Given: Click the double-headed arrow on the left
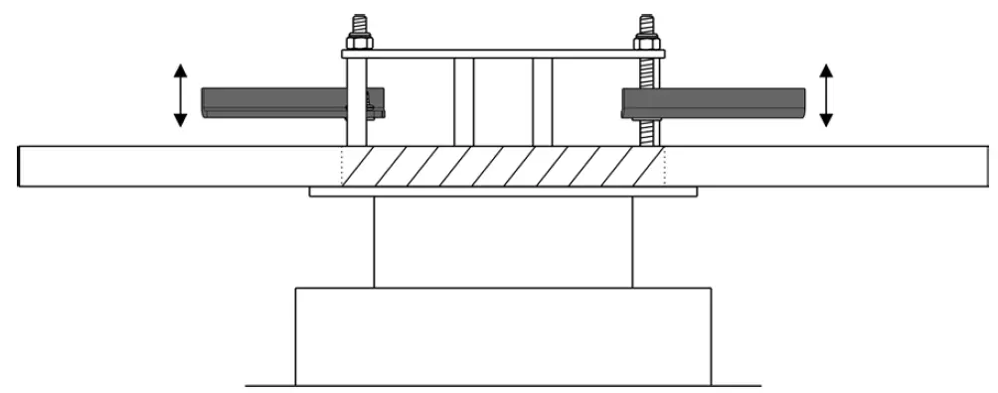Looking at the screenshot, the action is click(180, 95).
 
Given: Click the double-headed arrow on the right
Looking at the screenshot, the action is click(825, 95).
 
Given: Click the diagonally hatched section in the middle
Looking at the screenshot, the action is click(502, 166).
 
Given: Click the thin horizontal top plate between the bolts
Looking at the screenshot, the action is click(502, 54).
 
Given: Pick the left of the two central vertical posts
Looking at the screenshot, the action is click(463, 100).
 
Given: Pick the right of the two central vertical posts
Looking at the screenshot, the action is click(542, 100).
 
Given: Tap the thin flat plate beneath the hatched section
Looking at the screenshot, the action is click(502, 192).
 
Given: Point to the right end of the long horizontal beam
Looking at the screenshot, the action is click(982, 166).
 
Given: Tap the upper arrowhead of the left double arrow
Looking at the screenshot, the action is click(180, 70).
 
